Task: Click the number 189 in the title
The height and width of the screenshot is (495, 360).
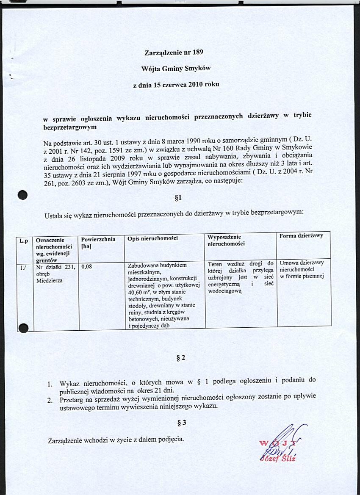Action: pos(198,53)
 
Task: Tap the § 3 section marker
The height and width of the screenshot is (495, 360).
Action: pos(181,423)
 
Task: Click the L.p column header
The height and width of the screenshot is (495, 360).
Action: pos(24,240)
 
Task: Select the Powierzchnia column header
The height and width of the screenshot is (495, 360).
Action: pos(98,239)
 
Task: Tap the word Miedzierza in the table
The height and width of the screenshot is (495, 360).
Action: pos(49,280)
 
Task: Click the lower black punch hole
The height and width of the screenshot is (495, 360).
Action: pos(23,327)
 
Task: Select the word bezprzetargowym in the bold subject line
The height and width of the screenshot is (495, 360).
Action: pos(70,127)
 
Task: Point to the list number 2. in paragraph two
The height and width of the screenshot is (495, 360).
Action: pos(50,399)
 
